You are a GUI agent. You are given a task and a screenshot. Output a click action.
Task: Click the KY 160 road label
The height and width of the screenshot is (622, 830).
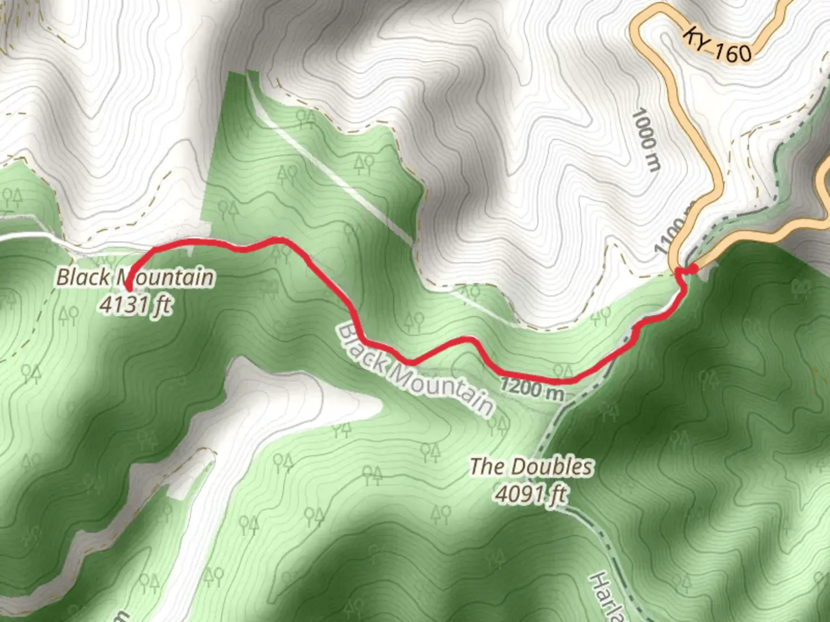click(x=718, y=45)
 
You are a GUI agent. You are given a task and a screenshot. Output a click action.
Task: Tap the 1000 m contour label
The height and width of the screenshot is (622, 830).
click(x=646, y=141)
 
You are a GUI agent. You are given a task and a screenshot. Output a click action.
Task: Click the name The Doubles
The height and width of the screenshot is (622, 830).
click(x=531, y=466)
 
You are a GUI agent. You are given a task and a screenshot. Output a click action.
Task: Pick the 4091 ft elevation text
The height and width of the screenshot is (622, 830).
click(x=531, y=494)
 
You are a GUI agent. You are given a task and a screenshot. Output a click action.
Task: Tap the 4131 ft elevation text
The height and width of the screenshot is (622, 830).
click(x=135, y=305)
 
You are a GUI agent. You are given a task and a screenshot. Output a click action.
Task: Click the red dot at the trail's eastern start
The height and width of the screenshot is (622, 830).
click(x=693, y=268)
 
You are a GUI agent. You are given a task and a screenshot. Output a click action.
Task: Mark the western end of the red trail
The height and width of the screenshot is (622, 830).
click(x=128, y=287)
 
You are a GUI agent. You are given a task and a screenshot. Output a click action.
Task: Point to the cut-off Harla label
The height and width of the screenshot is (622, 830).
click(x=609, y=599)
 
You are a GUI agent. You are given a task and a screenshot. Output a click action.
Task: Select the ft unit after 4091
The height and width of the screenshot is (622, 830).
click(x=557, y=495)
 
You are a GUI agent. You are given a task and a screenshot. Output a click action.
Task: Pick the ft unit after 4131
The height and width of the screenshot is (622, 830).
click(x=162, y=306)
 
